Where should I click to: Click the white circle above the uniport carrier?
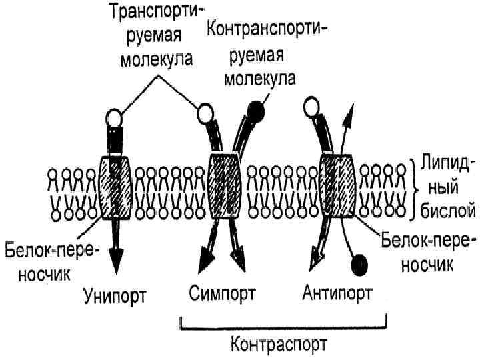pos(115,120)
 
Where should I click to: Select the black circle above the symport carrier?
pos(255,110)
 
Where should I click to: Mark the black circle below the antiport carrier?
pos(359,265)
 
